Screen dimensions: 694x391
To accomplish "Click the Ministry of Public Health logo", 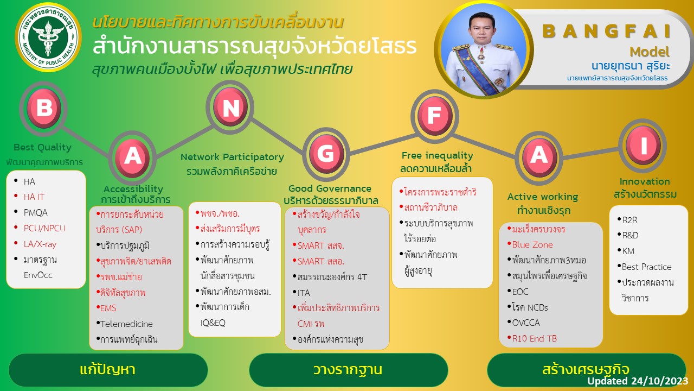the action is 48,37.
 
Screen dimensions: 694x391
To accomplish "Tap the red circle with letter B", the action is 44,108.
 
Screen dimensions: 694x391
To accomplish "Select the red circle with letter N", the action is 230,107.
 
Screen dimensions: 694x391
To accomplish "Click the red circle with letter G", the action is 326,154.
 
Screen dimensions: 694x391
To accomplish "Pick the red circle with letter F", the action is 435,116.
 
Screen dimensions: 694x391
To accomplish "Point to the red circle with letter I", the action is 643,145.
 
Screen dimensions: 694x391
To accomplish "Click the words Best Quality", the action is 42,147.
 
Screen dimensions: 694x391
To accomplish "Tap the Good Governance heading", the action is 330,188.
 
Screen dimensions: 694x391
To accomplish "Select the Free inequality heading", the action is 437,155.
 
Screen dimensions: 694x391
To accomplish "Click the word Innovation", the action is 645,181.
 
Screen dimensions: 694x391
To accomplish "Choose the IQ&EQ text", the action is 213,323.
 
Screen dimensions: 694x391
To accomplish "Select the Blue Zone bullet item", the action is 530,244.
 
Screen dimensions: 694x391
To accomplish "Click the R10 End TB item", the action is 532,338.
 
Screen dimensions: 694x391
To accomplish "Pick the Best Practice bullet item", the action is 645,267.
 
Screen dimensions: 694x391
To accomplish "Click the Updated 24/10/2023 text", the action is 637,381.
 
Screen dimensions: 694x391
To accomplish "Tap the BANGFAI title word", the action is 606,31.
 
